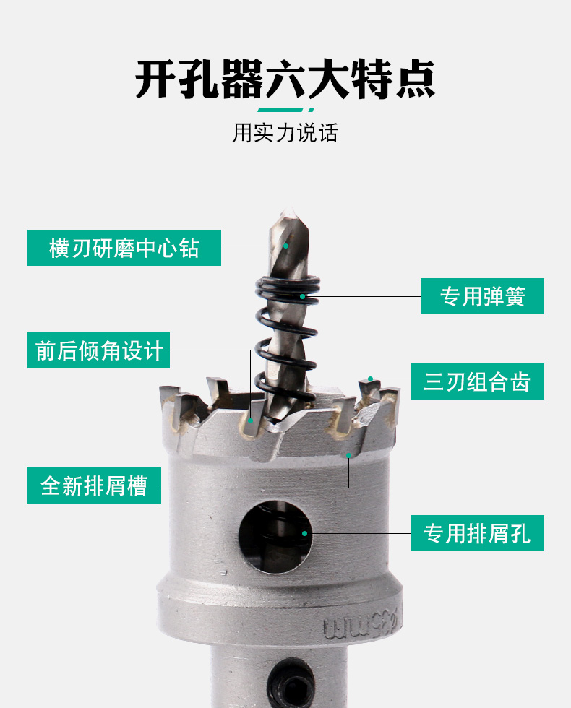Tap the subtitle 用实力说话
(x=285, y=133)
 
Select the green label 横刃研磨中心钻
(x=124, y=248)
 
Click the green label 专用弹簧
(x=483, y=296)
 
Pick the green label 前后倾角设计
(x=98, y=350)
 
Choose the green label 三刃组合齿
(x=477, y=381)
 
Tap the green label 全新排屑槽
(x=95, y=485)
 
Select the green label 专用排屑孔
(x=477, y=533)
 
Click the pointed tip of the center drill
(x=286, y=210)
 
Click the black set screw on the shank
(x=291, y=683)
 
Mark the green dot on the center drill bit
(x=286, y=246)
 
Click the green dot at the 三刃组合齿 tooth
(x=370, y=379)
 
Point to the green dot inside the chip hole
(x=304, y=533)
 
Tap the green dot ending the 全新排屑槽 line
(x=348, y=455)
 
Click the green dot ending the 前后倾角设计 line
(x=250, y=420)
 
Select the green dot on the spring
(x=303, y=297)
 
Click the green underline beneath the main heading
(x=285, y=110)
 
